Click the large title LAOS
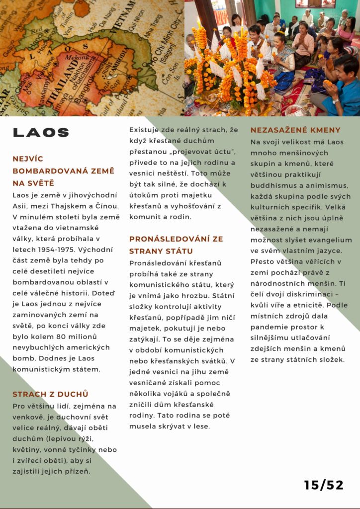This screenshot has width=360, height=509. coord(41,132)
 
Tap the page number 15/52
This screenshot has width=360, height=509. coord(324,485)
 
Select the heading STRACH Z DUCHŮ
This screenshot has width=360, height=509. coord(50,394)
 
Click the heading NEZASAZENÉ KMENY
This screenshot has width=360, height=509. coord(295,130)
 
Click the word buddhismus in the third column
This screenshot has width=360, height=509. coord(275,185)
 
